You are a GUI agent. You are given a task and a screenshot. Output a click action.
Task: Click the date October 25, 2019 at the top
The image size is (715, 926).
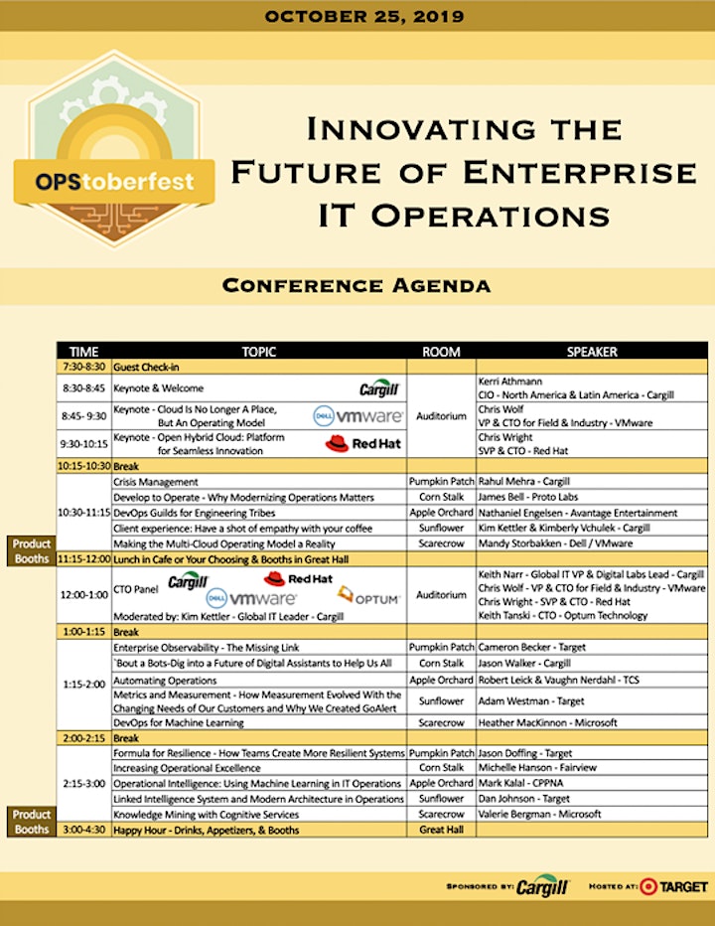pyautogui.click(x=364, y=16)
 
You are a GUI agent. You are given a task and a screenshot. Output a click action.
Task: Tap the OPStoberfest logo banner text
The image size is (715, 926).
pyautogui.click(x=114, y=181)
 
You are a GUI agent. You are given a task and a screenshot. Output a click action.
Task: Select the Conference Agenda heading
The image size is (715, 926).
pyautogui.click(x=357, y=286)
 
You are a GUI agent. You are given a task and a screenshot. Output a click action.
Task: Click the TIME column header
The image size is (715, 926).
pyautogui.click(x=83, y=352)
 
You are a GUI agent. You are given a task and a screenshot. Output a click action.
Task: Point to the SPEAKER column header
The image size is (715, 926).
pyautogui.click(x=592, y=352)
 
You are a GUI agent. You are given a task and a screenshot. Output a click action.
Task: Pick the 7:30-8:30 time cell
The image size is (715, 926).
pyautogui.click(x=83, y=367)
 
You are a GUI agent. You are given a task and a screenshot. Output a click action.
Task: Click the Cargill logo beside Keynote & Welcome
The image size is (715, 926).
pyautogui.click(x=379, y=388)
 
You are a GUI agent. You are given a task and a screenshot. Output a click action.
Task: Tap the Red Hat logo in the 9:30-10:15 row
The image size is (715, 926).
pyautogui.click(x=363, y=443)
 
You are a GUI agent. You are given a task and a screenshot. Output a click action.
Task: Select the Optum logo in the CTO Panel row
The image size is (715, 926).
pyautogui.click(x=369, y=596)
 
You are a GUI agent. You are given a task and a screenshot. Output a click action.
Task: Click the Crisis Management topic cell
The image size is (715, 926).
pyautogui.click(x=156, y=482)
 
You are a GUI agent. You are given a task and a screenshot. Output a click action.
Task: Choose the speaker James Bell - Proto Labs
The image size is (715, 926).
pyautogui.click(x=528, y=497)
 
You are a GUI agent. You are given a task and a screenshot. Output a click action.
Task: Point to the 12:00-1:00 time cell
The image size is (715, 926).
pyautogui.click(x=83, y=595)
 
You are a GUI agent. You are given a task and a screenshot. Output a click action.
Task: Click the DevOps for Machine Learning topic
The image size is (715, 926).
pyautogui.click(x=179, y=723)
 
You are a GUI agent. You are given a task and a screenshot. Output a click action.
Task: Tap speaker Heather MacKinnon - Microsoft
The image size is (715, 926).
pyautogui.click(x=547, y=723)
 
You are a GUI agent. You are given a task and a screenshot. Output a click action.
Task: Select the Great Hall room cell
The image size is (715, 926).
pyautogui.click(x=441, y=830)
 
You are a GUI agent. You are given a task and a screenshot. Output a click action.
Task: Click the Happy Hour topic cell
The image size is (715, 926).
pyautogui.click(x=206, y=831)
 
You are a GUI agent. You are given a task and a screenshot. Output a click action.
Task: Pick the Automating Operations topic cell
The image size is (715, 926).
pyautogui.click(x=165, y=681)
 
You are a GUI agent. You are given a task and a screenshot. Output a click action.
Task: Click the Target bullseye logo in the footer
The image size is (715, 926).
pyautogui.click(x=647, y=886)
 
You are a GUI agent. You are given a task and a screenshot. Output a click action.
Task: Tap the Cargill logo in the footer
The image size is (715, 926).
pyautogui.click(x=542, y=886)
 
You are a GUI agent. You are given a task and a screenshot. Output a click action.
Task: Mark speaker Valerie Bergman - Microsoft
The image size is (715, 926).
pyautogui.click(x=539, y=815)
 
